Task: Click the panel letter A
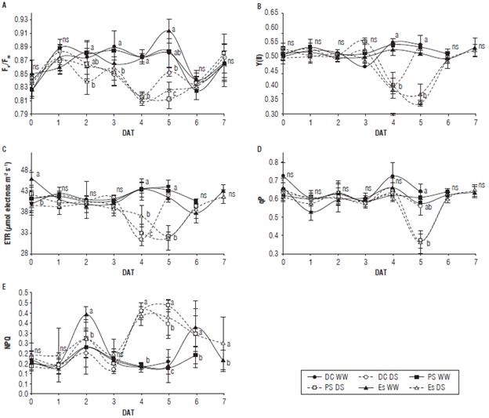(5, 5)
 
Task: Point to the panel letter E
(5, 287)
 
